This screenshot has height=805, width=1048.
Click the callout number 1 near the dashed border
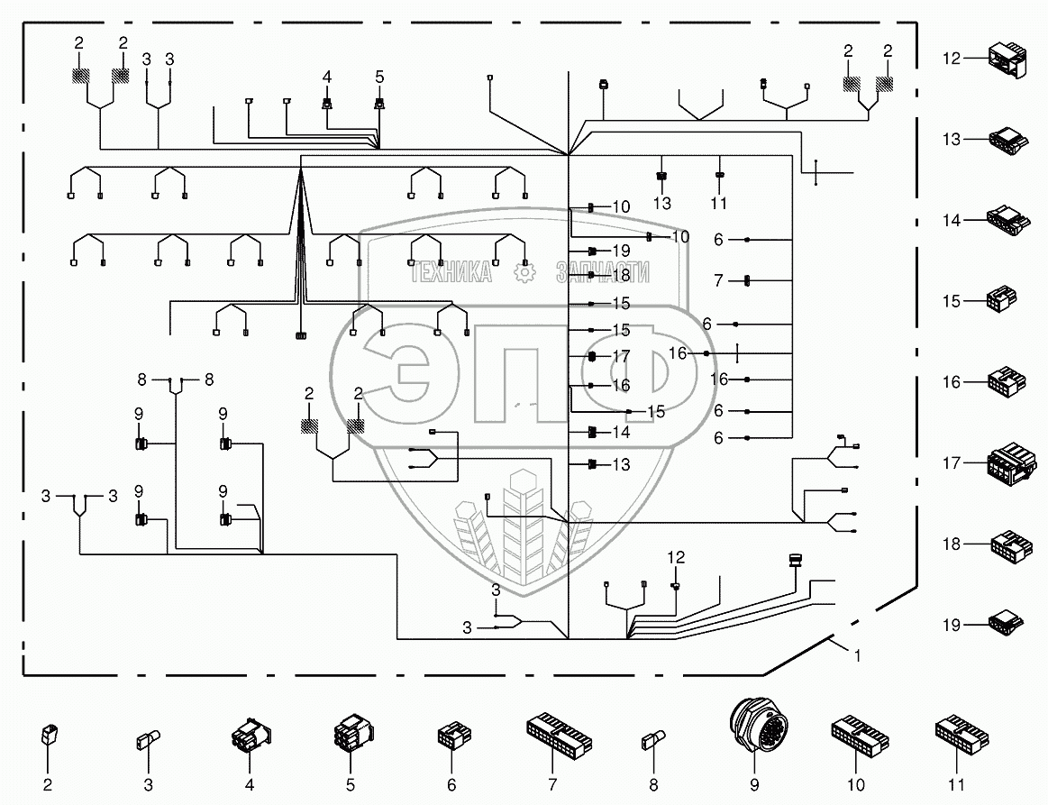[x=857, y=657]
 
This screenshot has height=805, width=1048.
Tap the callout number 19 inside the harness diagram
[x=621, y=250]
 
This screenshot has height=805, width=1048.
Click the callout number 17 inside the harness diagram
[x=621, y=356]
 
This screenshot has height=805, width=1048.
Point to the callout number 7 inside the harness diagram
[x=718, y=281]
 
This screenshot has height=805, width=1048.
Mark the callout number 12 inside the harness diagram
[x=676, y=558]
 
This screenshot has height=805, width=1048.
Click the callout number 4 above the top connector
[x=328, y=78]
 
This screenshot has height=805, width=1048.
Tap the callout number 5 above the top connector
[x=379, y=78]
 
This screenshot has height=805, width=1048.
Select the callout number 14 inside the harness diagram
[x=621, y=433]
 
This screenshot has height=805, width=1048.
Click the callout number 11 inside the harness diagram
[x=718, y=204]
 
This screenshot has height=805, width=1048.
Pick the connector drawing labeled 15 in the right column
[x=1002, y=300]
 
